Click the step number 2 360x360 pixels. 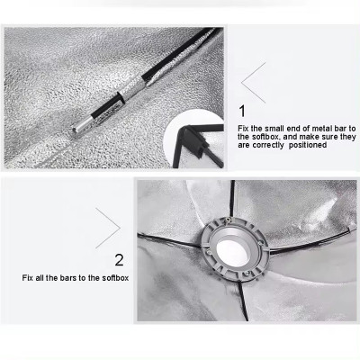[119, 260]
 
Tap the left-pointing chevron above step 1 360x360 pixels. [253, 80]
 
